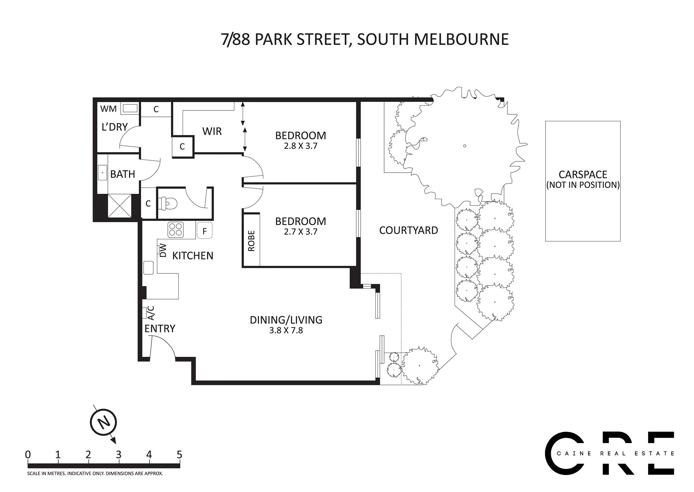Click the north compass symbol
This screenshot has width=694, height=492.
coord(103,422)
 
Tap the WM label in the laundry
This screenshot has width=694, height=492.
coord(108,109)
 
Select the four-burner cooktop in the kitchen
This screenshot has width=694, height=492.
coord(176,229)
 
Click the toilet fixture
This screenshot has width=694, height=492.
coord(169,203)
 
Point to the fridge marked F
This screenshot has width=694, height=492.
coord(205,231)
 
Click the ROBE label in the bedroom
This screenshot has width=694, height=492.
coord(251,241)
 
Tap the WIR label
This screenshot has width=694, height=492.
coord(212,131)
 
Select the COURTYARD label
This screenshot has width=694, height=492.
coord(409,230)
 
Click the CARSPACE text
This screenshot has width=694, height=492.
coord(583,174)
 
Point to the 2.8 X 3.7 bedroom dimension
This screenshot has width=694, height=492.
coord(301,146)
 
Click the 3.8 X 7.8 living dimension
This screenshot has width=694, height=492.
coord(286,330)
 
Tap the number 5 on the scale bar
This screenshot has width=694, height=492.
coord(179,455)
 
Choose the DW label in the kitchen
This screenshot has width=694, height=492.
coord(163,250)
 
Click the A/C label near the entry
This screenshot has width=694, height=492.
coord(151,313)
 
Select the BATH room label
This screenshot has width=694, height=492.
coord(123,174)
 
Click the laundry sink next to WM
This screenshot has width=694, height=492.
coord(130,108)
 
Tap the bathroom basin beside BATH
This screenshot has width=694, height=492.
coord(102,173)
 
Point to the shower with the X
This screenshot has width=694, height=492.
coord(119,206)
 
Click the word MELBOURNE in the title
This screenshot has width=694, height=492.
coord(461,39)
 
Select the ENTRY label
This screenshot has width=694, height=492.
coord(160,328)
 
